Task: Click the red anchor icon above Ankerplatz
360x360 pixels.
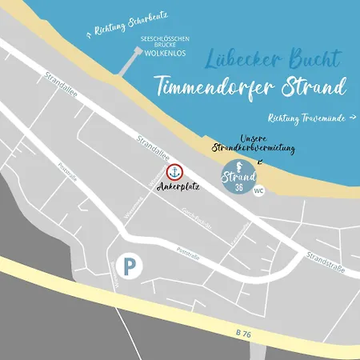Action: (x=174, y=172)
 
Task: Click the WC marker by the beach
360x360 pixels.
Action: (x=258, y=191)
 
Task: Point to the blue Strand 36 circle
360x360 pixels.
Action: (x=238, y=177)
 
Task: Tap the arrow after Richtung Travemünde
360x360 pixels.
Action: (x=353, y=118)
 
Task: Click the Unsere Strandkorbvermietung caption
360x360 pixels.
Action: (x=254, y=144)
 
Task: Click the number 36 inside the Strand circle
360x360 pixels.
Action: (x=238, y=188)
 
